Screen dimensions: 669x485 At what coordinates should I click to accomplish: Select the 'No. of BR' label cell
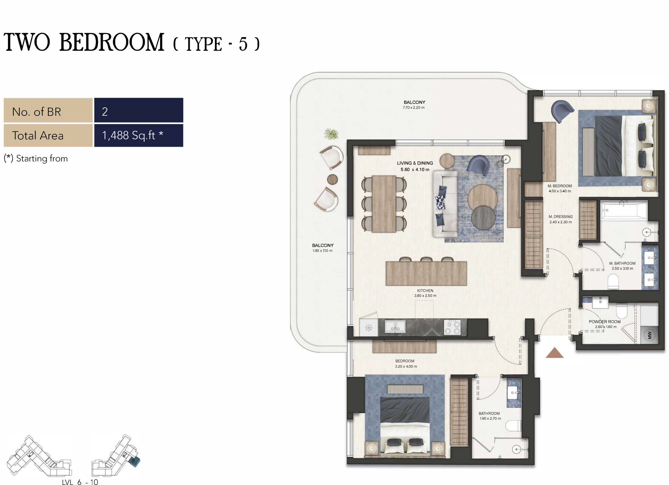point(48,110)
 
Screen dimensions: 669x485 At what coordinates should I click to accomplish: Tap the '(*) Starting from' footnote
point(36,158)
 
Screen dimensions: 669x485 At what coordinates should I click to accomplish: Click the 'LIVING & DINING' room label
point(415,163)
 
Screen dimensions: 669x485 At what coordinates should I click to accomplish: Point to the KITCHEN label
point(425,291)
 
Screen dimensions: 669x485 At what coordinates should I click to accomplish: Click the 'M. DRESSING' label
point(560,217)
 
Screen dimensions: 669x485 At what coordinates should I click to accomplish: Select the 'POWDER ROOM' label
point(605,321)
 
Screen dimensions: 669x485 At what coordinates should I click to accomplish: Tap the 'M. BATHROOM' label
point(622,263)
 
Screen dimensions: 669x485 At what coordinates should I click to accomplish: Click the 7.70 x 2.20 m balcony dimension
point(414,107)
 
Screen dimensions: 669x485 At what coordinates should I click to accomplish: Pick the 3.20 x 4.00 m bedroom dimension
point(406,366)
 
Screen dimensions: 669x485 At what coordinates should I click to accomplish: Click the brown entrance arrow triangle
point(555,353)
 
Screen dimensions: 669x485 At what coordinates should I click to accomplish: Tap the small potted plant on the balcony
point(331,134)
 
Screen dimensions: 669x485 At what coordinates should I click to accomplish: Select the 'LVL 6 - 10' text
point(80,482)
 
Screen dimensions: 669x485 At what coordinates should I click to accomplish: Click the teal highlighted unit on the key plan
point(134,462)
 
